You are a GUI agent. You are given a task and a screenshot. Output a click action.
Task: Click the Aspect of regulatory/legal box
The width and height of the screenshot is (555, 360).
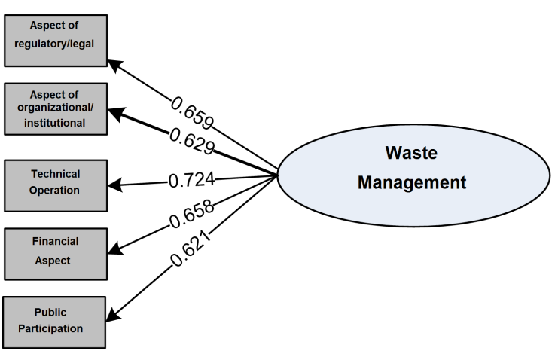click(x=54, y=35)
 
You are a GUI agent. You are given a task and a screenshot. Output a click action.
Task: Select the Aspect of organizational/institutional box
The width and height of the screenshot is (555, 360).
click(x=54, y=108)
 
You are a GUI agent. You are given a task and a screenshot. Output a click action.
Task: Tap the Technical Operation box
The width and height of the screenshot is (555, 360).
click(x=54, y=182)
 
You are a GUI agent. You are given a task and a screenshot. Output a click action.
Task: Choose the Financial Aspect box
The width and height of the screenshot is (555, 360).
click(x=54, y=251)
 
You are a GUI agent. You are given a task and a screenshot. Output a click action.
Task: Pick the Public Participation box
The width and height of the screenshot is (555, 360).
click(x=54, y=321)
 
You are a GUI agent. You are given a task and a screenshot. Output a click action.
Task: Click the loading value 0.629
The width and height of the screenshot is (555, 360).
click(x=192, y=139)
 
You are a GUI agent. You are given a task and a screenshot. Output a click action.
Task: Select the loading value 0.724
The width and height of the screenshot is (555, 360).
click(x=191, y=180)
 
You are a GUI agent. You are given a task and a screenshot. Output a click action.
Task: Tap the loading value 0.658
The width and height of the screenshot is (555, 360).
click(x=192, y=215)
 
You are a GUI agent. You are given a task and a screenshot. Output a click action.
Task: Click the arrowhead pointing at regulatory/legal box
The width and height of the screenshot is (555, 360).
click(x=113, y=63)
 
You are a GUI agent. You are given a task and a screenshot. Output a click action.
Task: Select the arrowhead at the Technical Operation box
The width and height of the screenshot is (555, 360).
click(x=113, y=183)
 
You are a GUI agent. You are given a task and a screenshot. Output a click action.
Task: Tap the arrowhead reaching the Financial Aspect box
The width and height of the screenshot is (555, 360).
click(x=113, y=251)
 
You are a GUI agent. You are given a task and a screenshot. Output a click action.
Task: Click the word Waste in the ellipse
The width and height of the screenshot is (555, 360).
click(x=410, y=154)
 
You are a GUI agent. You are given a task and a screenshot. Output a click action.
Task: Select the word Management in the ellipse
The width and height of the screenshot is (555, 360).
click(x=411, y=182)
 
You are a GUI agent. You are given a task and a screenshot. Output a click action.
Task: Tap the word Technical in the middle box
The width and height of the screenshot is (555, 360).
click(x=55, y=174)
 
